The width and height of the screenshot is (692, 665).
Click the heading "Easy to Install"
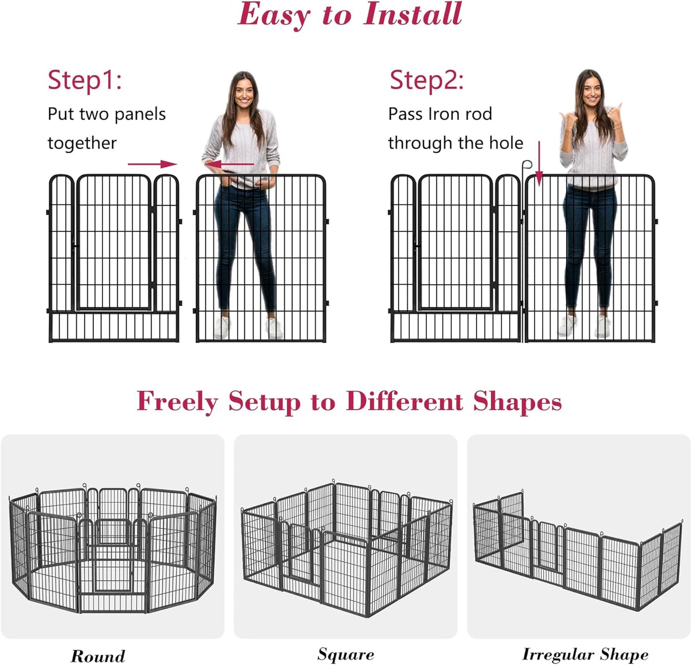[x=350, y=14]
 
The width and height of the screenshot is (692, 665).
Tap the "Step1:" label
[x=85, y=80]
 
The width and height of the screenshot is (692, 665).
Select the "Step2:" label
[x=426, y=80]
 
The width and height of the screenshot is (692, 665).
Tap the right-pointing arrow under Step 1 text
[x=153, y=164]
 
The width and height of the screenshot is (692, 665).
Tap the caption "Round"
[x=98, y=655]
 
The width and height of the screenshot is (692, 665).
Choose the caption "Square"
[x=345, y=654]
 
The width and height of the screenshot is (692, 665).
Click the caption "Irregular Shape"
[x=585, y=654]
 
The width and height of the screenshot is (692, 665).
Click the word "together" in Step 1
[x=82, y=143]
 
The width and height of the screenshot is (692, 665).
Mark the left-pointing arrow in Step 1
[x=230, y=164]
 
